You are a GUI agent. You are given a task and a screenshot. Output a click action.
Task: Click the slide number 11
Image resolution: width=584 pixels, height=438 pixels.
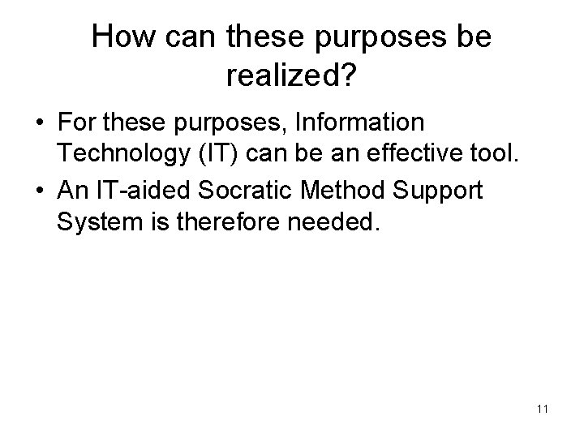(543, 410)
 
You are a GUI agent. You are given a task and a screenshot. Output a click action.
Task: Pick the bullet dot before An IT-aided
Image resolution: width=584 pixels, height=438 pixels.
(39, 193)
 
